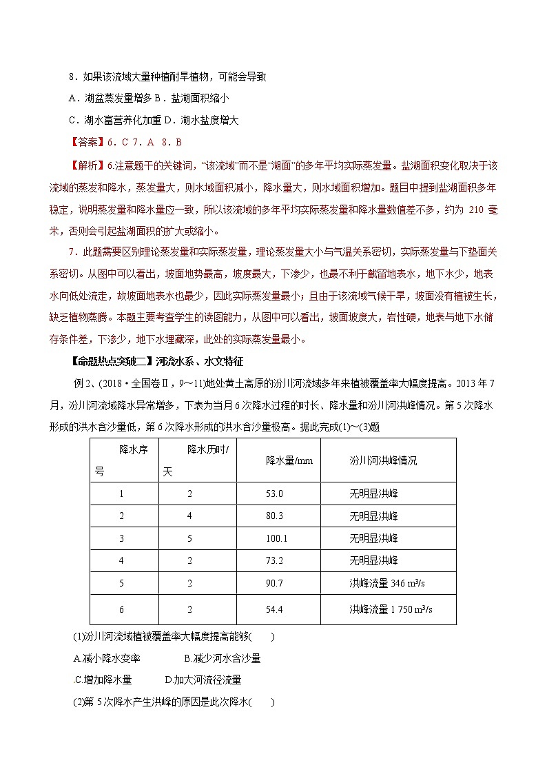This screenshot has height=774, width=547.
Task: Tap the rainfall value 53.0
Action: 274,493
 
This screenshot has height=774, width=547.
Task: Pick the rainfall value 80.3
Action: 274,516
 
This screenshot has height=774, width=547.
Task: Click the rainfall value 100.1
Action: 276,538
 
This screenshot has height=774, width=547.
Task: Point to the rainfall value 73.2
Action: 274,560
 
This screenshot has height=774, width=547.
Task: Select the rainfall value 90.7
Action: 274,583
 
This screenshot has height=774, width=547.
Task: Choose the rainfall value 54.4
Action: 274,610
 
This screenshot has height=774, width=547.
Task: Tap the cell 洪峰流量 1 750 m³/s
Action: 391,610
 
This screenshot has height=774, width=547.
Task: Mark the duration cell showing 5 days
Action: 190,538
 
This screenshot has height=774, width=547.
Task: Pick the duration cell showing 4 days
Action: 190,516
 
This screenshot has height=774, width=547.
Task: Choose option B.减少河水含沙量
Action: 223,659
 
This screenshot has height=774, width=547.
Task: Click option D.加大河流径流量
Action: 203,680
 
